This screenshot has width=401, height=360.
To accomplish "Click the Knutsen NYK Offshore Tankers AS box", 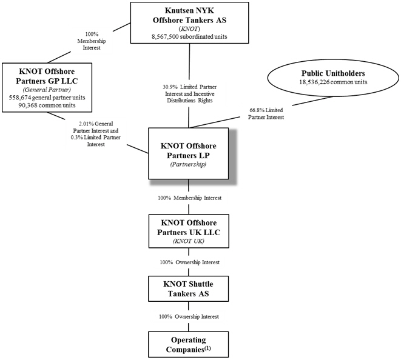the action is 189,23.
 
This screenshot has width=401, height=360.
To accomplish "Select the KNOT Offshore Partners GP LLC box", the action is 47,87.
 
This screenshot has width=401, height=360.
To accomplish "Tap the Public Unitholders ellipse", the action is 333,78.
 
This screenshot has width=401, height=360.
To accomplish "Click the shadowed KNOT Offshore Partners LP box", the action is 189,153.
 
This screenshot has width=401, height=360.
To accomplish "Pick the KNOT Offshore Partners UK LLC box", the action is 189,231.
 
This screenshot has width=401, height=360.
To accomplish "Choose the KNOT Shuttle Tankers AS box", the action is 189,288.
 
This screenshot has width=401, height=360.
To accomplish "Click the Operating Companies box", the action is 189,344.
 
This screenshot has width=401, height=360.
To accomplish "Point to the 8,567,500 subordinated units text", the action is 189,36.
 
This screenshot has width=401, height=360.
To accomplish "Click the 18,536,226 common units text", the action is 333,82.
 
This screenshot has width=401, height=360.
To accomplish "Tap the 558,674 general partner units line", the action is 47,98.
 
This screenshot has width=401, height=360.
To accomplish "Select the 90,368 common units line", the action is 47,105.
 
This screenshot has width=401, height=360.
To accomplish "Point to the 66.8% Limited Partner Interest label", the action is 266,114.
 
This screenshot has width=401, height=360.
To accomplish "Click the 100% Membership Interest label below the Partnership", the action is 189,198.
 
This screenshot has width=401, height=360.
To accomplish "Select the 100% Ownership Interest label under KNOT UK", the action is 189,262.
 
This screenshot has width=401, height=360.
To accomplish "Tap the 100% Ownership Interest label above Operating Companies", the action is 189,317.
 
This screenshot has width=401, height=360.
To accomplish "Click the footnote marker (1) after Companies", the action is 207,348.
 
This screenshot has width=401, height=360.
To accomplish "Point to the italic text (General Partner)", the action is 47,90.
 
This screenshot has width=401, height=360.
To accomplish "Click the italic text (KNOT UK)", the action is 189,241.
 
